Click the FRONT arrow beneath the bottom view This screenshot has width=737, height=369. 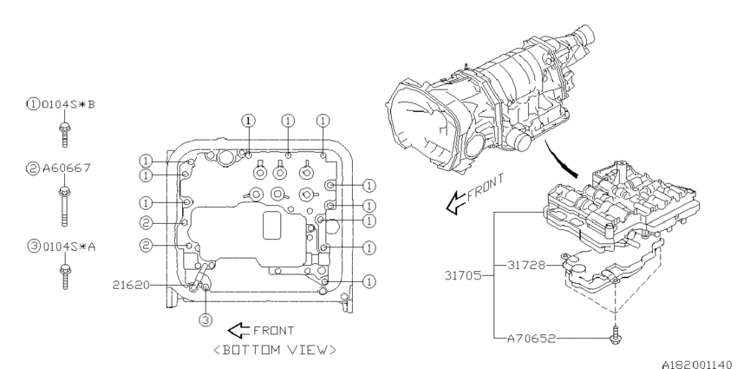(238, 330)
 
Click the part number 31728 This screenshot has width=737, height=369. (529, 263)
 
